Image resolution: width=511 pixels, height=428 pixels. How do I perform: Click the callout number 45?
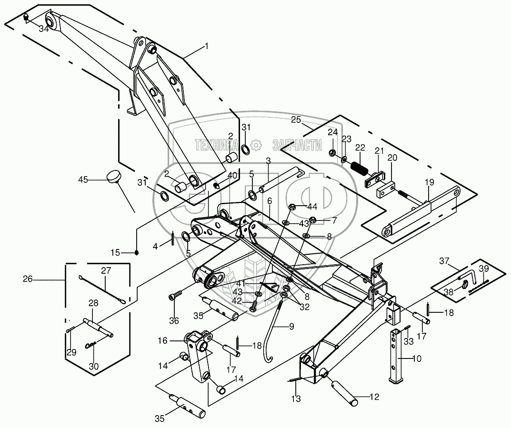tap(83, 179)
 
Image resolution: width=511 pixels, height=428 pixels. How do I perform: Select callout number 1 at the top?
tap(207, 46)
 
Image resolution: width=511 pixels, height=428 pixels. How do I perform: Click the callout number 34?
tap(44, 29)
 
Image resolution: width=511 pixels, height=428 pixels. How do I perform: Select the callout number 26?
tap(28, 279)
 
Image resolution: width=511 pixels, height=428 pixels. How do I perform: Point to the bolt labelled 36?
tap(174, 296)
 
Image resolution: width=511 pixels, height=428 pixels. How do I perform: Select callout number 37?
tap(444, 260)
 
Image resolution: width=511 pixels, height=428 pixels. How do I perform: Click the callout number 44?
tap(312, 206)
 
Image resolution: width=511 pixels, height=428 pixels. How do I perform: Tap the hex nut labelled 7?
tap(313, 219)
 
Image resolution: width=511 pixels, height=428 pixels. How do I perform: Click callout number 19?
tap(429, 183)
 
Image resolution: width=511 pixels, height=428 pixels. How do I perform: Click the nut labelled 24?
tap(332, 153)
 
